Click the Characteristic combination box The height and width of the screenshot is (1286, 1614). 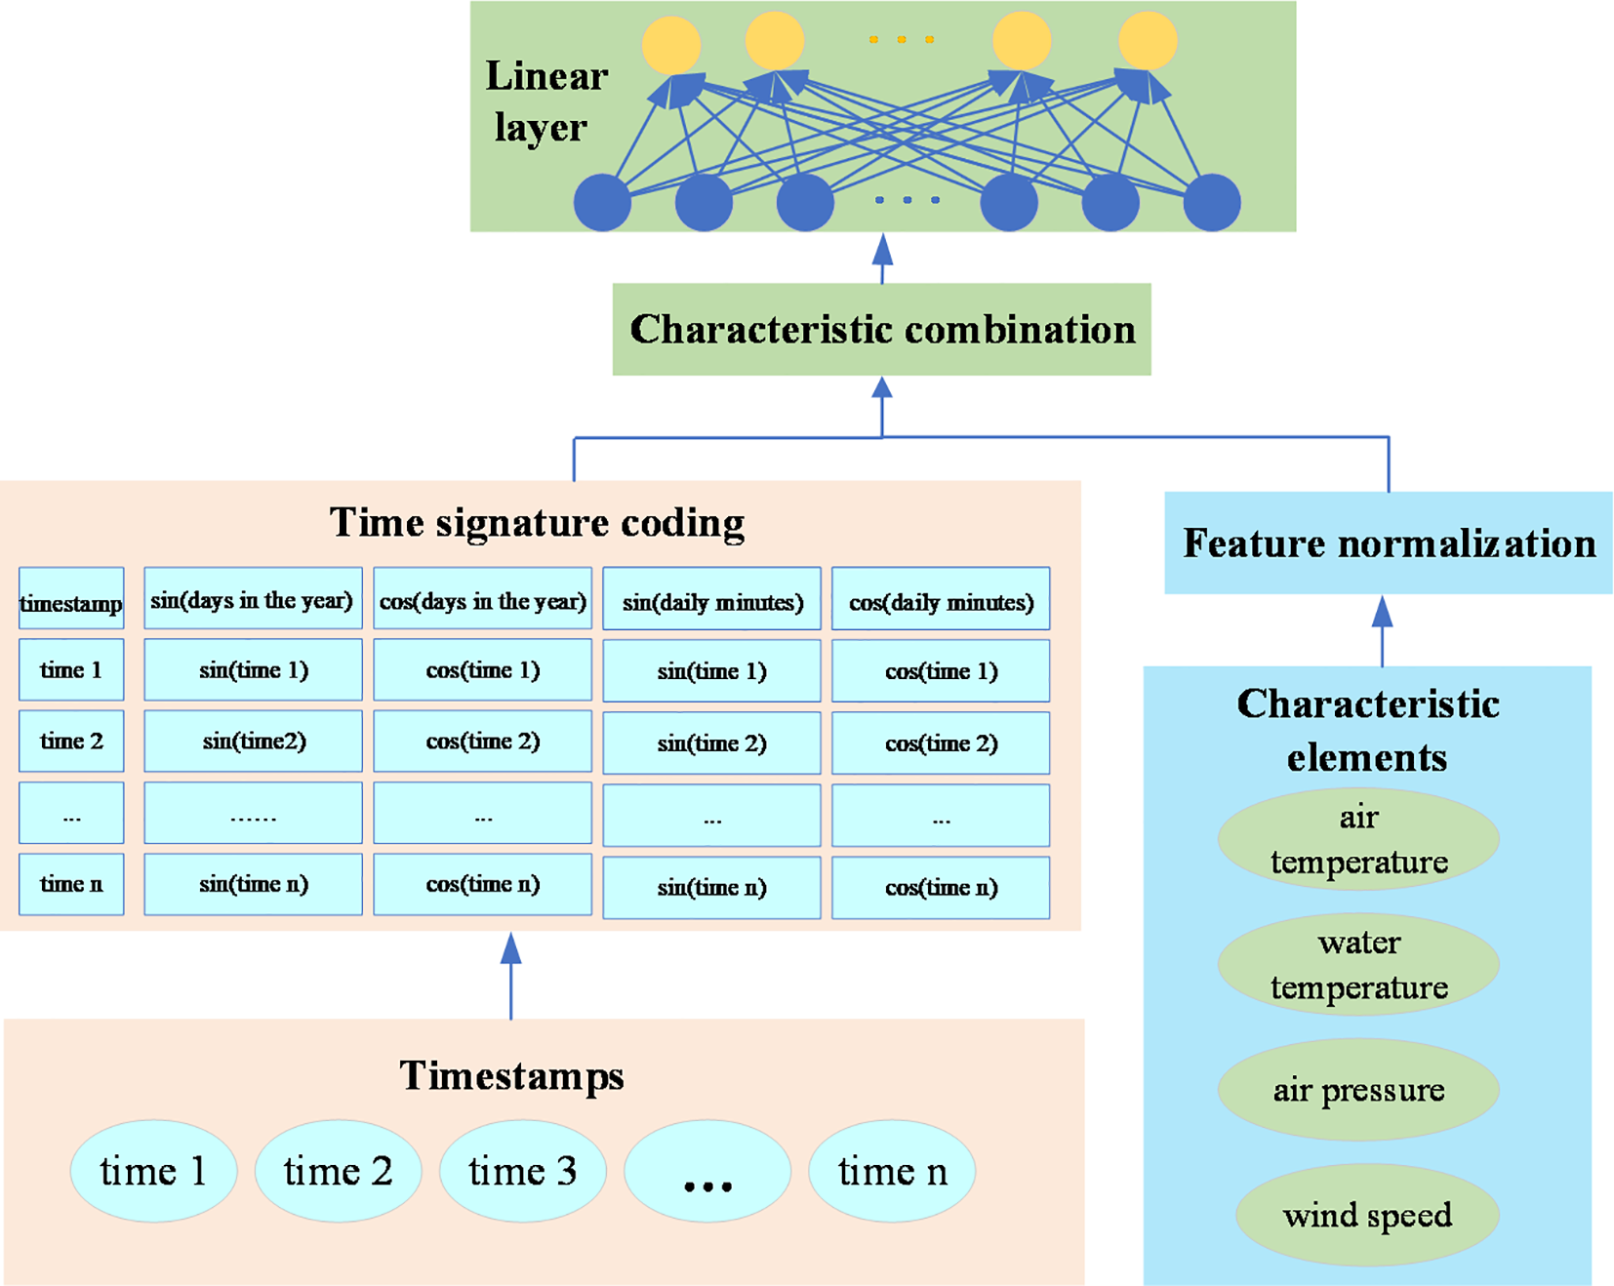tap(881, 330)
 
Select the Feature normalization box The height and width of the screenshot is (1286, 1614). tap(1388, 543)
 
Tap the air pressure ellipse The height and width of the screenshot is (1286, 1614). tap(1357, 1090)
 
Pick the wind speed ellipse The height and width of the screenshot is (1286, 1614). tap(1366, 1215)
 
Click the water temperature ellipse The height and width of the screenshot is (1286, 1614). tap(1357, 964)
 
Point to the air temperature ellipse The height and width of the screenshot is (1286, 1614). tap(1357, 839)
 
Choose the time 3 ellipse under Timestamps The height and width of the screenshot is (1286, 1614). tap(522, 1171)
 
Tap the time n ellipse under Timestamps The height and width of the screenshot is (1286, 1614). tap(891, 1171)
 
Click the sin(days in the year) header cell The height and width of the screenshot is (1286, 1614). tap(253, 599)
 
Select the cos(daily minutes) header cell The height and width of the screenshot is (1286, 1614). tap(941, 601)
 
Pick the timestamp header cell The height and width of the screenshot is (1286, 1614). tap(71, 601)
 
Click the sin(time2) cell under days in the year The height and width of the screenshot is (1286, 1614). tap(253, 742)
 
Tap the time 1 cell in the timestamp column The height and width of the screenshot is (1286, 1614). tap(71, 670)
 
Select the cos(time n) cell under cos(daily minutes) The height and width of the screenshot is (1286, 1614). tap(941, 887)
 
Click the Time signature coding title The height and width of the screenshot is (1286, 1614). tap(537, 522)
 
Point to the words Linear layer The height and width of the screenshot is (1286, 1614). tap(545, 101)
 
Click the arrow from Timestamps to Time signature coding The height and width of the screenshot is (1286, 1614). tap(510, 976)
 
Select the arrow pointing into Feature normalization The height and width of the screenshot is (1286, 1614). tap(1382, 629)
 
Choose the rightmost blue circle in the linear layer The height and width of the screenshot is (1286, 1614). tap(1211, 202)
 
